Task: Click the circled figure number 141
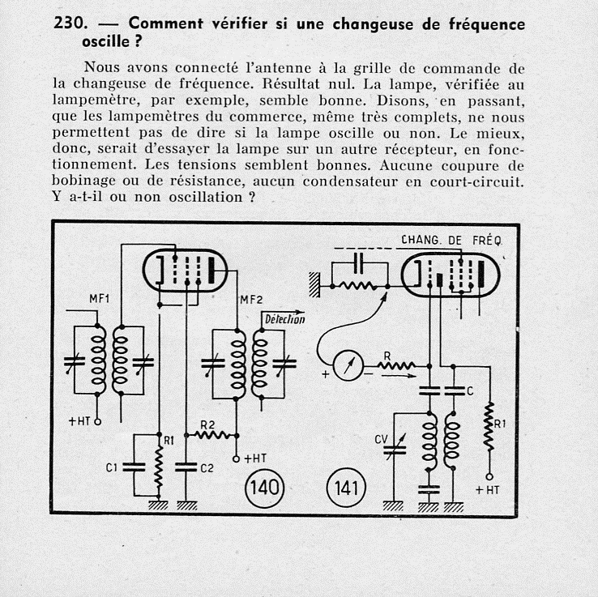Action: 347,488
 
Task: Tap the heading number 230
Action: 69,24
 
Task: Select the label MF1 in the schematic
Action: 100,299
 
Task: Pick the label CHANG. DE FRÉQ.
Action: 451,240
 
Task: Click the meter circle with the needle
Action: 347,367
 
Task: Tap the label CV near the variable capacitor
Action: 381,440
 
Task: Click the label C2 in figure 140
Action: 207,467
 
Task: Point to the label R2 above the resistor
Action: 207,424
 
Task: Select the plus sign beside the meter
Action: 326,374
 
